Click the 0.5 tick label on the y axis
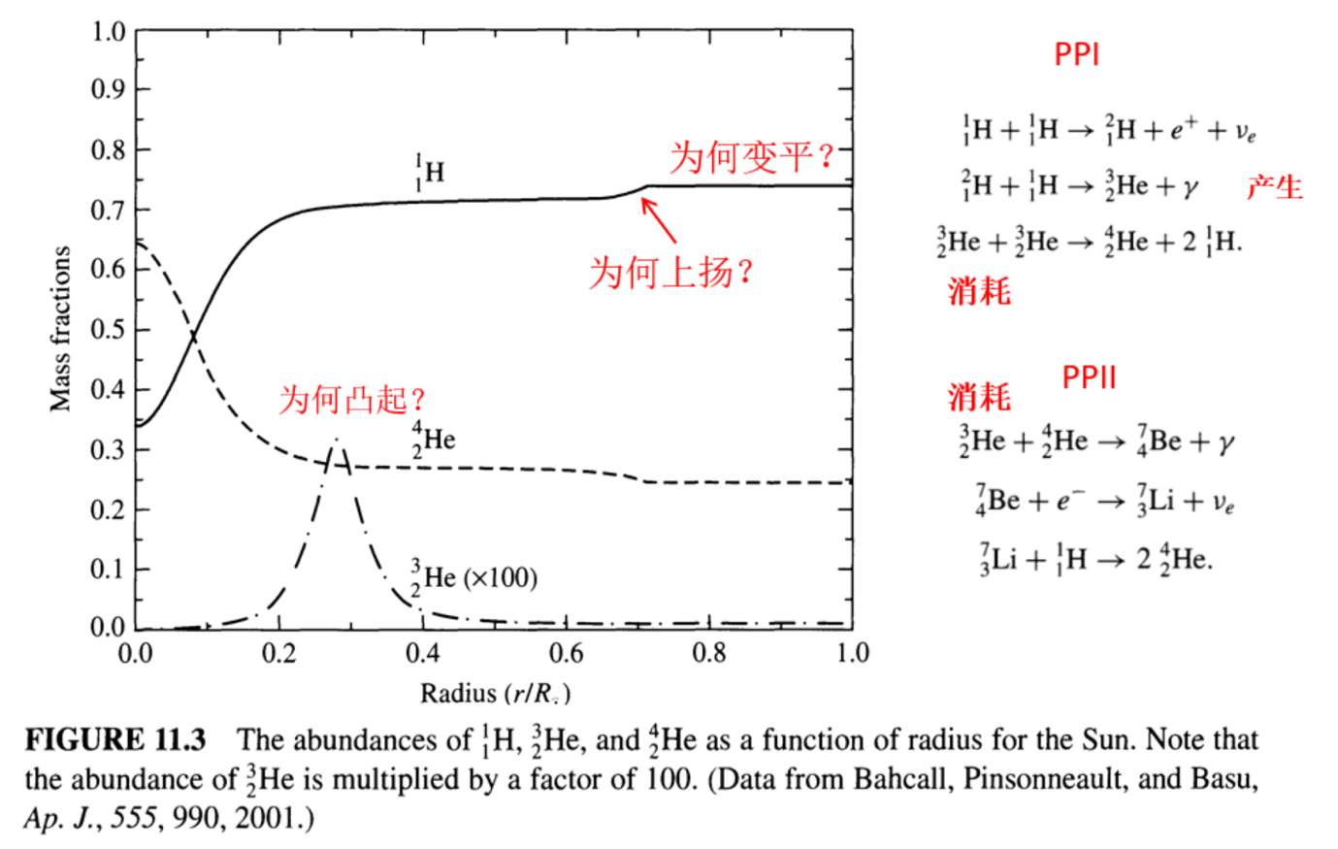(x=108, y=329)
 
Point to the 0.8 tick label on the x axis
(x=709, y=652)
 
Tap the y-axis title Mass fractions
(x=60, y=329)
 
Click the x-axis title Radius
(x=458, y=693)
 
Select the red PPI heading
(x=1076, y=55)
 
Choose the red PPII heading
(x=1089, y=377)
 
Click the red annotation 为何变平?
(x=751, y=157)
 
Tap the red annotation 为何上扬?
(x=670, y=273)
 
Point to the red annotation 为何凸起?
(x=352, y=399)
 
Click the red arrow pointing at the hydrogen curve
(x=658, y=220)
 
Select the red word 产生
(x=1275, y=187)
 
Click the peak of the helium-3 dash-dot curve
(x=337, y=440)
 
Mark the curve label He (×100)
(x=474, y=577)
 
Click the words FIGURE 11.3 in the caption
(x=115, y=739)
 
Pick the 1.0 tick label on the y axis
(x=108, y=32)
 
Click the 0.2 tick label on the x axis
(x=278, y=652)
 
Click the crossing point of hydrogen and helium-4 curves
(x=193, y=337)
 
